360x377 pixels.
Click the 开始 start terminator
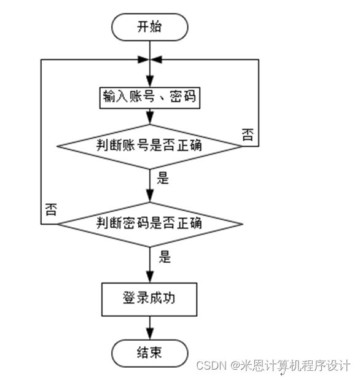coord(149,27)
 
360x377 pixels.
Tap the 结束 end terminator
coord(149,353)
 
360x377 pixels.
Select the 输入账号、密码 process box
coord(150,98)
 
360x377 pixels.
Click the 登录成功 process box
coord(149,300)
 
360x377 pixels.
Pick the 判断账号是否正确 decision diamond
coord(149,147)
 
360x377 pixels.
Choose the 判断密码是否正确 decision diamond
coord(150,224)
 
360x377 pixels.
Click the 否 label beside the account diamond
coord(248,134)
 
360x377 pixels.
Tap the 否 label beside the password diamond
coord(51,209)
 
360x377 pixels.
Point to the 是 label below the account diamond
coord(163,179)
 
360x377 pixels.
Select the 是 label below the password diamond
coord(165,257)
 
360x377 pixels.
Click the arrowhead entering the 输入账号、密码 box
coord(150,82)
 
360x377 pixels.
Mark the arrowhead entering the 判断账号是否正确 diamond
coord(150,119)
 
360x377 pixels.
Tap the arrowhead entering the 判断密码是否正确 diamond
coord(150,196)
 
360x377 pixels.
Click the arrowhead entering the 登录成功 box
coord(150,277)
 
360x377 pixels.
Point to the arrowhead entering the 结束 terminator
coord(150,334)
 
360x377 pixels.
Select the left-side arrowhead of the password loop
coord(143,60)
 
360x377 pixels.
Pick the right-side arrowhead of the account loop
coord(156,60)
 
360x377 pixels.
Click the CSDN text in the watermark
coord(211,365)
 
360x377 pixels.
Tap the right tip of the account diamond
coord(242,146)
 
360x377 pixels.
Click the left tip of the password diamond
coord(58,224)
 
